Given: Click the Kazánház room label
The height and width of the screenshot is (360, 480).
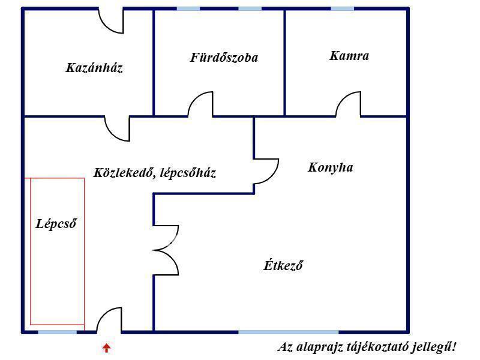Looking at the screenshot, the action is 94,68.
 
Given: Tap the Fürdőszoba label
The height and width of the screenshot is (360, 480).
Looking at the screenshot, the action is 224,58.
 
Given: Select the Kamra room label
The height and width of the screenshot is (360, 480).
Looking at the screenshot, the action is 349,56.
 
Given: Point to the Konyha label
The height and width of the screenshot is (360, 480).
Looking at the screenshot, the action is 331,167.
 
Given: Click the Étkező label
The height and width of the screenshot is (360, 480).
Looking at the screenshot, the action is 283,265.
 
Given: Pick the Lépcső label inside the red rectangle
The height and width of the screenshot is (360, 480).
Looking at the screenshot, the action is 56,223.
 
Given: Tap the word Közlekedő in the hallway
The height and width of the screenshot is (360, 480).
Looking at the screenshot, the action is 124,173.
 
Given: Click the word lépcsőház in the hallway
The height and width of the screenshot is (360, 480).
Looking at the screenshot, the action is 188,173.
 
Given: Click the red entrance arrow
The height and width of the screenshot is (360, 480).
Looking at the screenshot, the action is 106,348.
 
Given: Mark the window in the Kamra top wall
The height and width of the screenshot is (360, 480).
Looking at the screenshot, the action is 342,9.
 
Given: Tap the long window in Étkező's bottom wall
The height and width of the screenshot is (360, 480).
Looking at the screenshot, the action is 289,332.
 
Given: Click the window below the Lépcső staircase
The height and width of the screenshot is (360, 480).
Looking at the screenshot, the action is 57,332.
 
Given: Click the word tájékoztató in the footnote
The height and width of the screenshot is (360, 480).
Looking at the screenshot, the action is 377,347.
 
